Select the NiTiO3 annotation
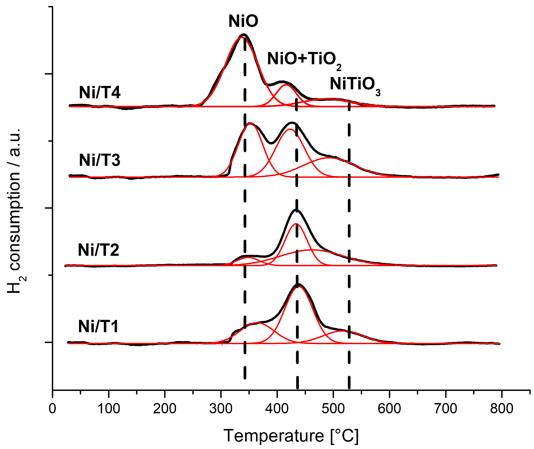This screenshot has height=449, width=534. [355, 85]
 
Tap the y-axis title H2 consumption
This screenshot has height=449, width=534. [16, 211]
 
